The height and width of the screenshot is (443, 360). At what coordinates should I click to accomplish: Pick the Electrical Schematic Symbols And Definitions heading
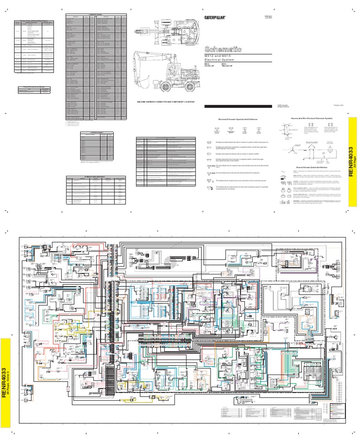235,120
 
